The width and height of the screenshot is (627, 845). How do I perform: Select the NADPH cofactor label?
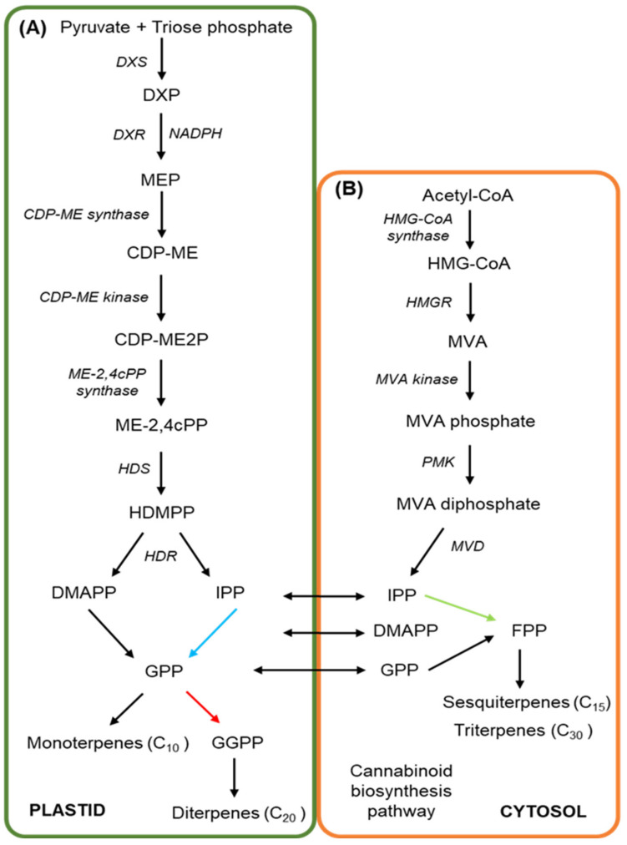tap(195, 132)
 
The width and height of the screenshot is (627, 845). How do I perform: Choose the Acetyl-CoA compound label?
tap(468, 195)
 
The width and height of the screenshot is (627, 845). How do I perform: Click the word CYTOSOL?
tap(544, 810)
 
